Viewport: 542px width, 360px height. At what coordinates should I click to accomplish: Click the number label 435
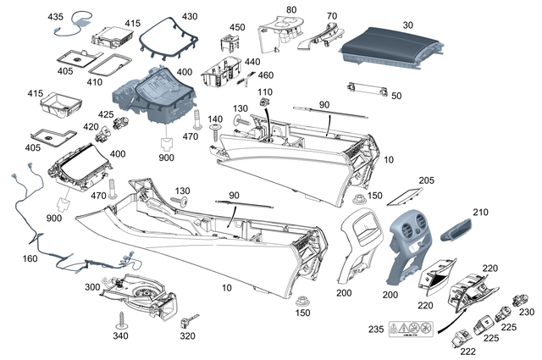tap(55, 18)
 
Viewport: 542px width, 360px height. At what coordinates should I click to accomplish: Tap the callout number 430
tap(190, 17)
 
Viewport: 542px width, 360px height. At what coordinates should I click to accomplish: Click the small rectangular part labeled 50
tap(367, 87)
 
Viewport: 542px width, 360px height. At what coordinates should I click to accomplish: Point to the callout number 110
tap(265, 91)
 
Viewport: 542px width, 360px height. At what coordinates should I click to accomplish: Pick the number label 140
tap(215, 119)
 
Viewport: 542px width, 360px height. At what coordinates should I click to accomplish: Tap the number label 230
tap(527, 313)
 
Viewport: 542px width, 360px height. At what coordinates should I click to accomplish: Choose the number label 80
tap(291, 9)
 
